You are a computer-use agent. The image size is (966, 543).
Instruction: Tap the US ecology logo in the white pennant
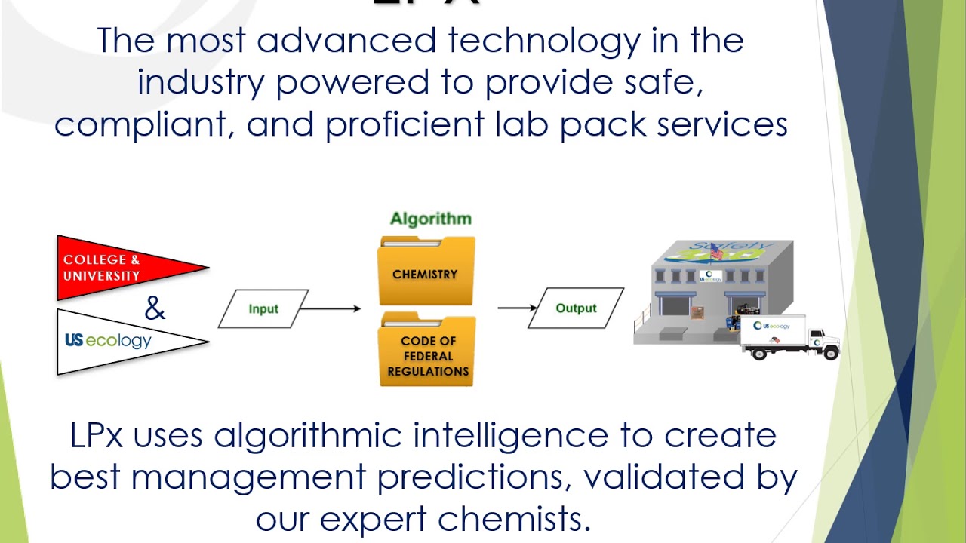click(108, 341)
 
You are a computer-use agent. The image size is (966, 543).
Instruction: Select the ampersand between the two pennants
click(154, 308)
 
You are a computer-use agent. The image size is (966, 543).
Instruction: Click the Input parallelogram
click(263, 309)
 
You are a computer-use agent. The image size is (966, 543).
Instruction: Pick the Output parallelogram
click(576, 308)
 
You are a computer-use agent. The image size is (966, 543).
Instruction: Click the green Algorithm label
click(430, 219)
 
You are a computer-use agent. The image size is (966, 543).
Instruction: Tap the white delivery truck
click(789, 336)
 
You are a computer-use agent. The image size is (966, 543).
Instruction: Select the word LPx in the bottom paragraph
click(96, 436)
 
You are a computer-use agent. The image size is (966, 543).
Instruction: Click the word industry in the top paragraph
click(200, 82)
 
